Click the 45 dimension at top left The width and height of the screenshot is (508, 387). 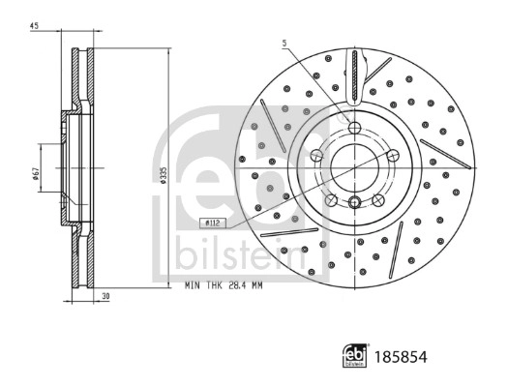[34, 26]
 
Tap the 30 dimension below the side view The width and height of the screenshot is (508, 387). [105, 297]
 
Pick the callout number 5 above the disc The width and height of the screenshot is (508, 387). [284, 43]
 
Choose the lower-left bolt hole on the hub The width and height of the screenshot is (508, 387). [331, 200]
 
